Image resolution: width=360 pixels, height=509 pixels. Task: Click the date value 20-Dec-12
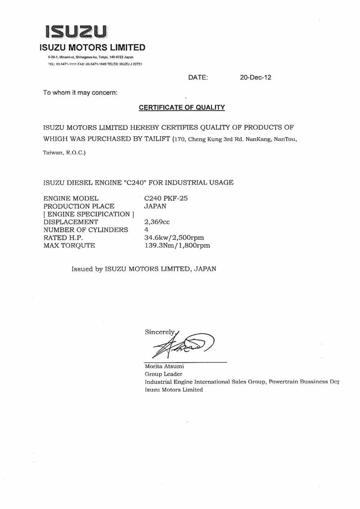click(256, 77)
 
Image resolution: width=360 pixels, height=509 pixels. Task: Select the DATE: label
click(198, 77)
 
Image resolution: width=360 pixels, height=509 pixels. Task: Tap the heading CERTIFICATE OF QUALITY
click(181, 108)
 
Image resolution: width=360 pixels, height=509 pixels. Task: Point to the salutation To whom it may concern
click(80, 93)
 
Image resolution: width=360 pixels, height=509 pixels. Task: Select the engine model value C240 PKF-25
click(166, 198)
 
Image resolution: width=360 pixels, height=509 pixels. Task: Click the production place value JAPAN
click(155, 206)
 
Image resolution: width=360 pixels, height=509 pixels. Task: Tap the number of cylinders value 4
click(146, 230)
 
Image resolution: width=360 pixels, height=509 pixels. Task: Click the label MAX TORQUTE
click(69, 246)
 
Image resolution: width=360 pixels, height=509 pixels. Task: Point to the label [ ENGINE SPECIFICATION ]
click(89, 214)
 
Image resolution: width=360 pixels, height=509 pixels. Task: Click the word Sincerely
click(160, 332)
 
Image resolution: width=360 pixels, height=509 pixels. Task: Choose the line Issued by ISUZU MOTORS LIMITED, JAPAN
click(144, 269)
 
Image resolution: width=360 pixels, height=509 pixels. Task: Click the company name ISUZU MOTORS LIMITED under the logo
click(92, 48)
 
